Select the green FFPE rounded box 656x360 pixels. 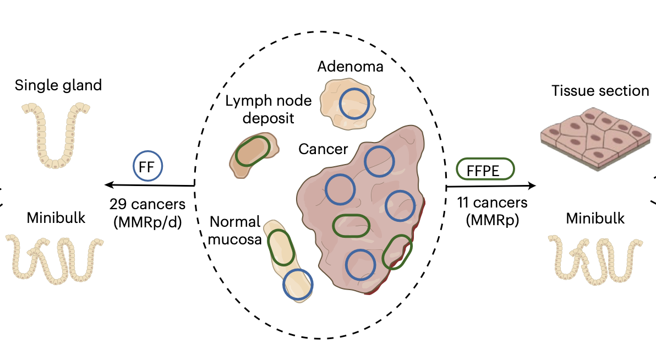pos(485,169)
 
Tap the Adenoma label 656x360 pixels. pos(351,67)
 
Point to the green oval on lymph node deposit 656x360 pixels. pos(253,151)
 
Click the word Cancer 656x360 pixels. pos(323,149)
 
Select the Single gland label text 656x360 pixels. pos(58,85)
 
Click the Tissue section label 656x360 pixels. pos(600,91)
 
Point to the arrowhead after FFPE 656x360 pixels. pos(533,186)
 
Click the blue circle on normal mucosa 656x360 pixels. pos(297,284)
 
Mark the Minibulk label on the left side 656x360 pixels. pos(56,218)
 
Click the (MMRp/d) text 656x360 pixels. pos(147,222)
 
